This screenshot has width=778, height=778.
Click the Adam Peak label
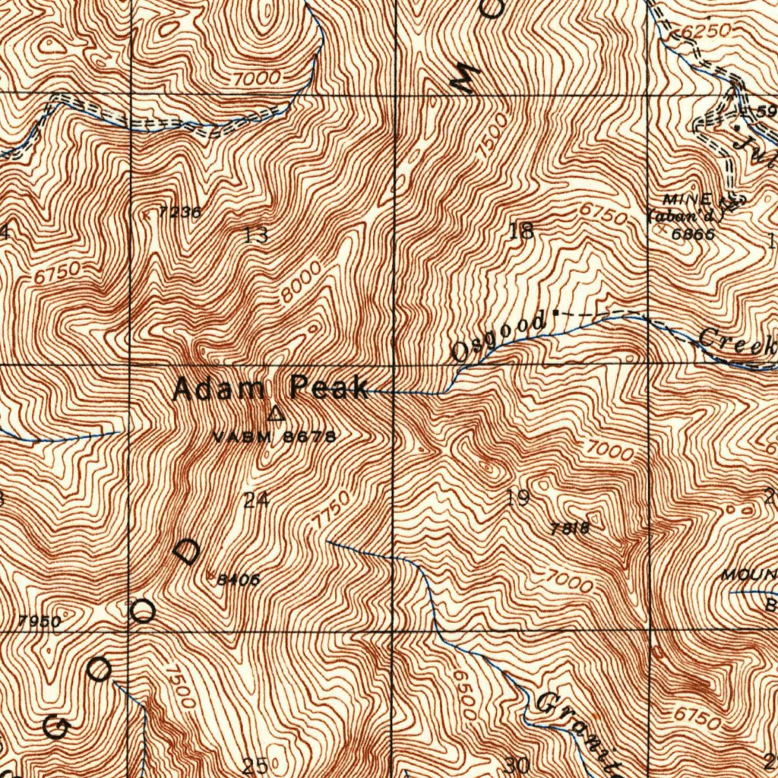[x=270, y=389]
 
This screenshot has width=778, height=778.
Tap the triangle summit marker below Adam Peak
[x=276, y=414]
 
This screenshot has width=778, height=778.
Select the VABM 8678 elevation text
[x=274, y=437]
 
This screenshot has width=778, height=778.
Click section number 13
[x=257, y=236]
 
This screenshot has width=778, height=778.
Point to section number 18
[x=521, y=232]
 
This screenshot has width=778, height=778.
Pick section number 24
[x=257, y=500]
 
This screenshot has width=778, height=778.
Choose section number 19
[x=518, y=499]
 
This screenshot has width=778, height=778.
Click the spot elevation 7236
[x=180, y=213]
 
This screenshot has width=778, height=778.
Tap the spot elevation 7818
[x=572, y=528]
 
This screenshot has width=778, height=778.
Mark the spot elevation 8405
[x=239, y=580]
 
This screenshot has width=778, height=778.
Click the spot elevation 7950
[x=40, y=621]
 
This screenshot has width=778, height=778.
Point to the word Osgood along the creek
[x=498, y=337]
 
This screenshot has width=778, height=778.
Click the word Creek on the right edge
[x=733, y=342]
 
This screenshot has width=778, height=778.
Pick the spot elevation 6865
[x=693, y=234]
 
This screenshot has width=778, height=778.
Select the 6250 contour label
[x=706, y=31]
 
